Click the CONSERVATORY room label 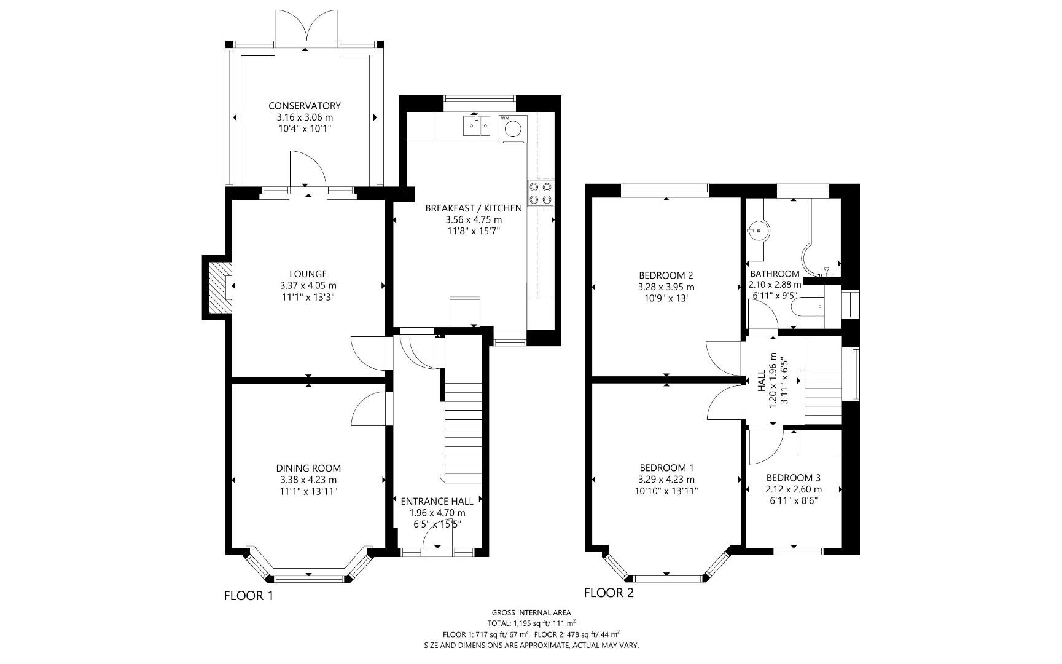[x=305, y=106]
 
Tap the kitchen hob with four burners [x=541, y=193]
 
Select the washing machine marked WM [x=513, y=128]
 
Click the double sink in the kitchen [x=476, y=127]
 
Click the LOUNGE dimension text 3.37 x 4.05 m [x=308, y=285]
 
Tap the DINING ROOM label [x=308, y=468]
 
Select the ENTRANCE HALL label [x=437, y=501]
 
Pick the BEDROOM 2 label [x=666, y=275]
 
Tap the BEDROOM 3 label [x=794, y=478]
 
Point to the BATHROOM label [x=775, y=274]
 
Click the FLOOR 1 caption [x=248, y=595]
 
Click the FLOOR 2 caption [x=609, y=593]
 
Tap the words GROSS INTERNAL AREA [x=531, y=612]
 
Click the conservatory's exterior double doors [x=306, y=28]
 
